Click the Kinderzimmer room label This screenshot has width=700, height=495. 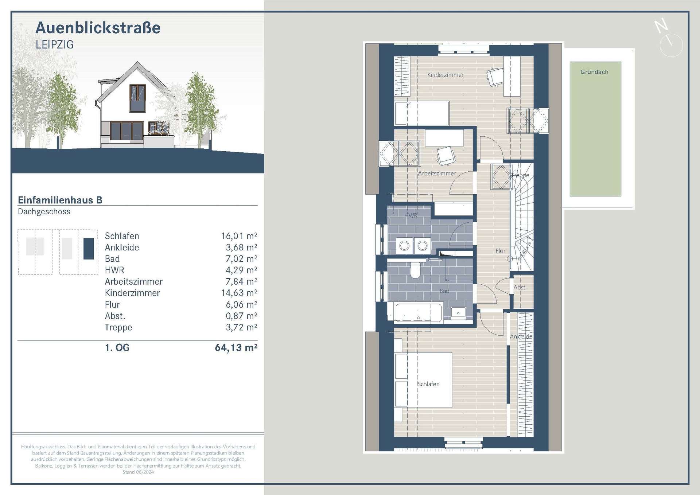pyautogui.click(x=445, y=75)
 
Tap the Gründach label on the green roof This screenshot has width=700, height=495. pyautogui.click(x=594, y=72)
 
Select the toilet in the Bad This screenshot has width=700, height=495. pyautogui.click(x=415, y=271)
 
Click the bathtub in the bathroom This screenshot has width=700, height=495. pyautogui.click(x=419, y=313)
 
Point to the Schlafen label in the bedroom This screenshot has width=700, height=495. pyautogui.click(x=428, y=384)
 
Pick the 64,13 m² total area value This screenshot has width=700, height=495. pyautogui.click(x=236, y=347)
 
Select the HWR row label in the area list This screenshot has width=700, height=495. pyautogui.click(x=114, y=270)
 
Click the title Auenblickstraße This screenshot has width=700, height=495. pyautogui.click(x=98, y=28)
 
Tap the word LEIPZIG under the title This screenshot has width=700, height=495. pyautogui.click(x=55, y=45)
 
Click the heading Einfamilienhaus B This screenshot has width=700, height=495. pyautogui.click(x=60, y=200)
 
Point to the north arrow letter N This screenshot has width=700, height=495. pyautogui.click(x=661, y=26)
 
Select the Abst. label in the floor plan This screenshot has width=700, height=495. pyautogui.click(x=520, y=287)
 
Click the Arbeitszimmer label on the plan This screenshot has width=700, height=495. pyautogui.click(x=436, y=174)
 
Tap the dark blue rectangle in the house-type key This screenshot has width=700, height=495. pyautogui.click(x=89, y=249)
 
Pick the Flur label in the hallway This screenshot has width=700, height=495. pyautogui.click(x=500, y=251)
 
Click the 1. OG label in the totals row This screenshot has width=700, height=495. pyautogui.click(x=117, y=347)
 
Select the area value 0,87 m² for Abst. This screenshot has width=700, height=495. pyautogui.click(x=241, y=316)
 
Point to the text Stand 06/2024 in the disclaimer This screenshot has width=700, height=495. pyautogui.click(x=138, y=472)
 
